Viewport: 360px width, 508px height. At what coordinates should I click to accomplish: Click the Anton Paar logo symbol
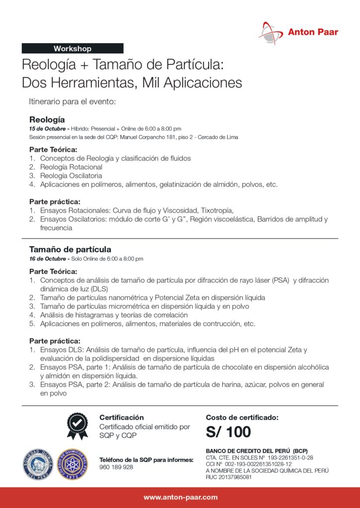tap(271, 33)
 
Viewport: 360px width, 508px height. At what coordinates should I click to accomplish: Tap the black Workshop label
tap(72, 49)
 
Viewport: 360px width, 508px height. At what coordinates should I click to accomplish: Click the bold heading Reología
tap(47, 120)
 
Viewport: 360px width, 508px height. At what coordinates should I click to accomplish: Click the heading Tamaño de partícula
tap(70, 249)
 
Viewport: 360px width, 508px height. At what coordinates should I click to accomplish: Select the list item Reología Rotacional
tap(71, 167)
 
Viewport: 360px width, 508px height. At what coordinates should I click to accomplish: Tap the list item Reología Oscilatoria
tap(71, 176)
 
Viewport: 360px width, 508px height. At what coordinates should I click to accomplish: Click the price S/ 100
tap(228, 432)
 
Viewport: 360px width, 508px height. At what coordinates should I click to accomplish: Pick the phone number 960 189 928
tap(116, 467)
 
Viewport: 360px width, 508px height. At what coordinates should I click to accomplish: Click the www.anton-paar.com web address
tap(180, 497)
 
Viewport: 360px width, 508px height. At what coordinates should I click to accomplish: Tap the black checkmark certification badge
tap(77, 426)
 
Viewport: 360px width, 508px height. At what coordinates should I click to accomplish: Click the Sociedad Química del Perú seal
tap(38, 464)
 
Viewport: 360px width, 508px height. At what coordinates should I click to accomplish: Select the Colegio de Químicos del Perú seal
tap(72, 464)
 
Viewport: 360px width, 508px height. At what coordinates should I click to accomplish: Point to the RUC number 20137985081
tap(228, 478)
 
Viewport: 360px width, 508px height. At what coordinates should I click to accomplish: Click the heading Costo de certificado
tap(242, 418)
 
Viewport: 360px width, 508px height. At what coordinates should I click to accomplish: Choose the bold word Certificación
tap(122, 418)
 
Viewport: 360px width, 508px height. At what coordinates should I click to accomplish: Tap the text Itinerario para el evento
tap(72, 102)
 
